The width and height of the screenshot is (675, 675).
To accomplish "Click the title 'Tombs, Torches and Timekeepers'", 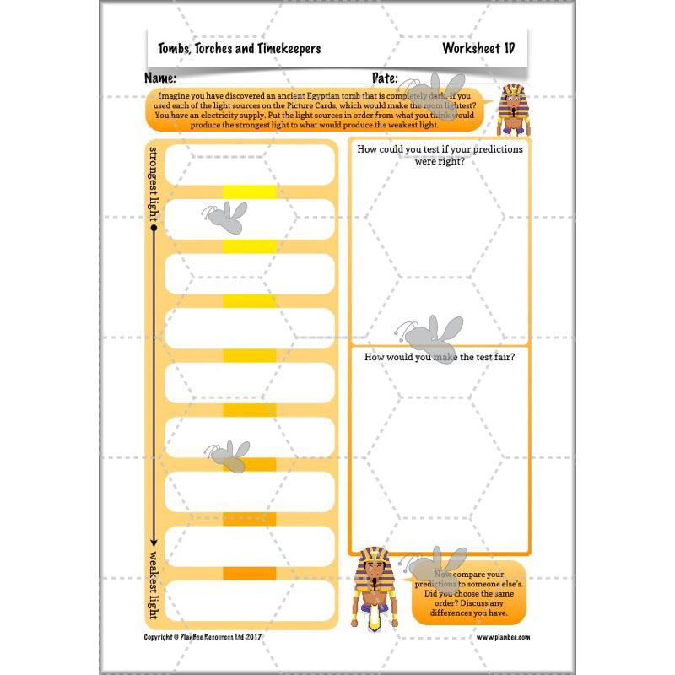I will click(240, 49).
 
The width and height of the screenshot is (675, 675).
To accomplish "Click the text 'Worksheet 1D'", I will click(478, 49).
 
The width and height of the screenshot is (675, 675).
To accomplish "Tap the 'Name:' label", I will click(161, 78).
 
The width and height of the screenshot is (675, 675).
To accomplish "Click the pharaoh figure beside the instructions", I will click(511, 110).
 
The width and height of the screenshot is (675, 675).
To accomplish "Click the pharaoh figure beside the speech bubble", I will click(374, 589).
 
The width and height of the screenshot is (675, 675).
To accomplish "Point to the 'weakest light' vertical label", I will click(154, 585).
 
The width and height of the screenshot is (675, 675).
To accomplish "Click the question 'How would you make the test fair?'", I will click(440, 358).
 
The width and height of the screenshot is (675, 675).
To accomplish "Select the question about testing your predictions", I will click(440, 154).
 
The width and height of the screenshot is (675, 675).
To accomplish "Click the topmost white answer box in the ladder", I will click(250, 165).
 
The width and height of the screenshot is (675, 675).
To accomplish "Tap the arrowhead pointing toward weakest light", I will click(154, 542).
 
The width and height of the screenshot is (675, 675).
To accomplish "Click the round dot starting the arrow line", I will click(154, 228).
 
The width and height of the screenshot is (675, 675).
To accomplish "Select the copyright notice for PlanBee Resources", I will click(205, 637).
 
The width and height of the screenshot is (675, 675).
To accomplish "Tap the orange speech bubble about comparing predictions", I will click(468, 592).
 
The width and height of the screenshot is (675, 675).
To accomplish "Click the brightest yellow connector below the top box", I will click(250, 192).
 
